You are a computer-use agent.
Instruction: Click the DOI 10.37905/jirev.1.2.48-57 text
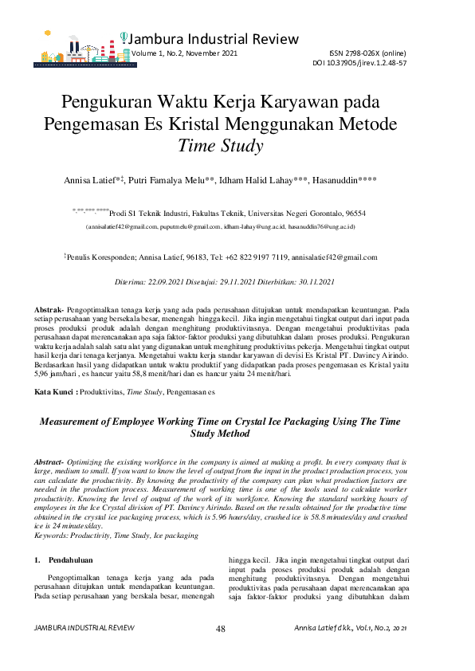click(359, 62)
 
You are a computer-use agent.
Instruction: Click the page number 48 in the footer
click(221, 630)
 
